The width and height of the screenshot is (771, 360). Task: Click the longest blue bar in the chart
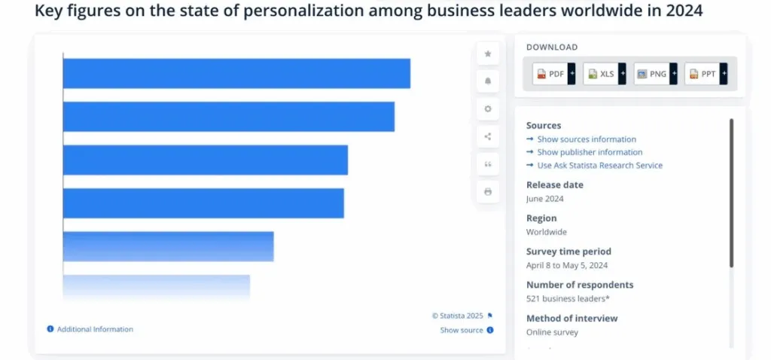(236, 73)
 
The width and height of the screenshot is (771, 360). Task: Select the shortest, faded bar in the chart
(156, 288)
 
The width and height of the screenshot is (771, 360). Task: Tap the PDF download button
(550, 74)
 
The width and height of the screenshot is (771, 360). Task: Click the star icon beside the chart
(488, 53)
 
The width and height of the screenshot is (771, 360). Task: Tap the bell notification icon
(488, 81)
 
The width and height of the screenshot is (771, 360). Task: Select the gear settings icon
(488, 108)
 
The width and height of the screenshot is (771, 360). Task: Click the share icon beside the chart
(488, 136)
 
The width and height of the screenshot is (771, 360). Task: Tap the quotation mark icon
(488, 164)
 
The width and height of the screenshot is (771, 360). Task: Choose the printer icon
(488, 192)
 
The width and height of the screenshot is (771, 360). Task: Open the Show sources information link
(587, 139)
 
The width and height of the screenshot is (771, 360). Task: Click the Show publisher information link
(590, 152)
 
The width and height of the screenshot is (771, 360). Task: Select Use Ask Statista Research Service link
(599, 165)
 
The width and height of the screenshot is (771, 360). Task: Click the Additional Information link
(95, 329)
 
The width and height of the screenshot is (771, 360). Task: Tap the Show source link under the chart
(462, 330)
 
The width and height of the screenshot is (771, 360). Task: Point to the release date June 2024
(545, 199)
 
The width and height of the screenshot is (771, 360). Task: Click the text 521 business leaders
(567, 299)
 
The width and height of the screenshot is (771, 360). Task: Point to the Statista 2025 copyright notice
(458, 316)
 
